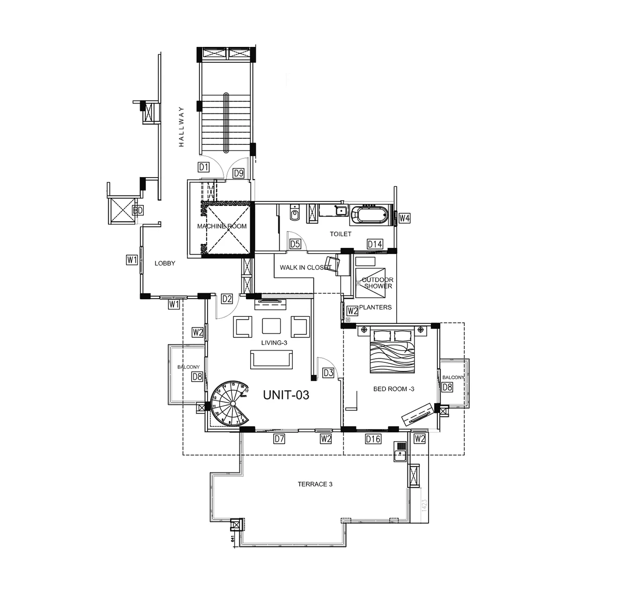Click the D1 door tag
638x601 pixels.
coord(203,167)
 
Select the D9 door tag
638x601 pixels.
coord(238,173)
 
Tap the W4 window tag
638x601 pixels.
coord(405,218)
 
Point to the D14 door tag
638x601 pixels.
coord(375,244)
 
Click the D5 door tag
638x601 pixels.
coord(295,244)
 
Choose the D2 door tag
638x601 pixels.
coord(227,299)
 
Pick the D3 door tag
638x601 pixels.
coord(328,373)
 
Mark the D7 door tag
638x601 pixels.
coord(279,439)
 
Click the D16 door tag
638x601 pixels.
coord(373,439)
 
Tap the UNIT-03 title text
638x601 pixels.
coord(286,395)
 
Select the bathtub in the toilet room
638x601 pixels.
coord(370,215)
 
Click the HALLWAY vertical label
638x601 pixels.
coord(181,127)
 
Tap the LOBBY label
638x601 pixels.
coord(165,263)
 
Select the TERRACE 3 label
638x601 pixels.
coord(315,484)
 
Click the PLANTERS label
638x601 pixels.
coord(375,308)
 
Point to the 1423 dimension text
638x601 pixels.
coord(424,505)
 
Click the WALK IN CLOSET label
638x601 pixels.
coord(305,268)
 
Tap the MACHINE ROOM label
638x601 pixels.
coord(222,226)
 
